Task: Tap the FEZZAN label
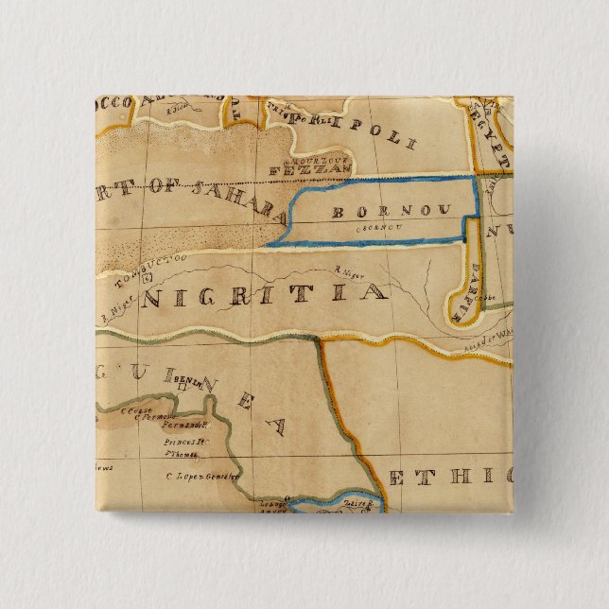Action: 322,170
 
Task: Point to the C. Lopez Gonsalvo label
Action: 200,478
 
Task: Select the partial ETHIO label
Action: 449,475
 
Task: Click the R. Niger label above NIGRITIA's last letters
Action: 349,272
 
